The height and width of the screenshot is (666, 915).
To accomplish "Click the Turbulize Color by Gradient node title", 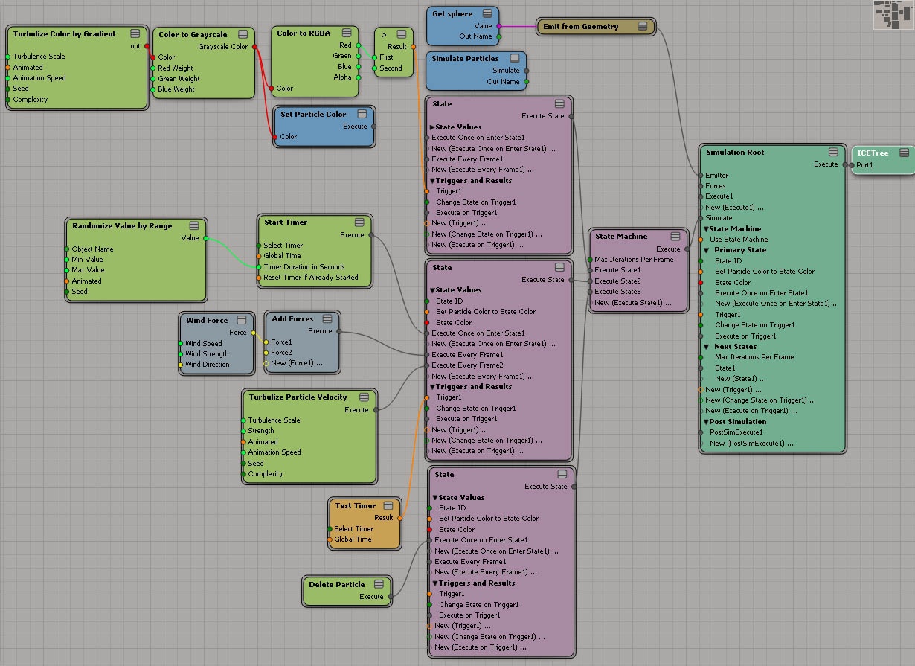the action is (x=64, y=34).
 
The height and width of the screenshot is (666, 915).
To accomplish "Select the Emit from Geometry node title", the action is (x=580, y=27).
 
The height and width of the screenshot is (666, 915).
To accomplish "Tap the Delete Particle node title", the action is (x=336, y=584).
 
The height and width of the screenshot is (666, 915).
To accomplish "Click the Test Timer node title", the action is (x=356, y=505).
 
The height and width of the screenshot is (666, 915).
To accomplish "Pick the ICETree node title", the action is (x=873, y=153).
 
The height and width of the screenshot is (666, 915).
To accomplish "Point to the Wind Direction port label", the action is (x=207, y=365).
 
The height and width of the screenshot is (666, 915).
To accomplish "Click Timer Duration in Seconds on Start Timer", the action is (x=304, y=267).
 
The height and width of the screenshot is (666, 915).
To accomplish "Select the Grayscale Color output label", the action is (x=222, y=47).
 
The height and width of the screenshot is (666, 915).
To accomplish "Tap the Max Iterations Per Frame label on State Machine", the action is (x=634, y=260).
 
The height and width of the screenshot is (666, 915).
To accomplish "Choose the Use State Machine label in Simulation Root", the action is (x=739, y=240).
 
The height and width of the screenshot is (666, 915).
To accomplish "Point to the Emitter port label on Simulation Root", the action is (x=716, y=176).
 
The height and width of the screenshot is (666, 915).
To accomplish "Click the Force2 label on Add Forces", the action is (x=281, y=352).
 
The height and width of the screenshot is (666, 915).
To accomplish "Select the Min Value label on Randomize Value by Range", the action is (x=87, y=260).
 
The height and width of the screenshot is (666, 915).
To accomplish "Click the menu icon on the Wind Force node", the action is (x=242, y=320).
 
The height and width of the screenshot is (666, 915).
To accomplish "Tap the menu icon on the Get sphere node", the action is (x=487, y=13).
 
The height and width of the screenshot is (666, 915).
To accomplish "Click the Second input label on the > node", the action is (x=391, y=68).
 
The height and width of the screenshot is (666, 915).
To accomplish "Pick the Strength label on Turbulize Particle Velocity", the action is (x=260, y=431).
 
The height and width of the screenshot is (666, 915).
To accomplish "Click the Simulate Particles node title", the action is (x=465, y=59).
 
